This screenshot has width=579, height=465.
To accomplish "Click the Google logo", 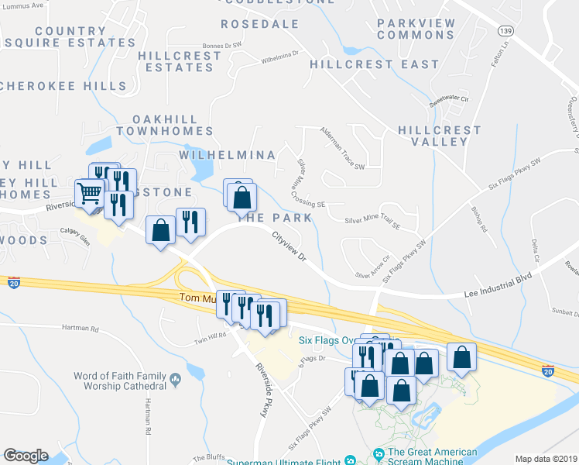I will point(26,456).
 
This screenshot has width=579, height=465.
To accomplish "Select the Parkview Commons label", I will point(416,29).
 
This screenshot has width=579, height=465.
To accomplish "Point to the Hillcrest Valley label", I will point(439,136).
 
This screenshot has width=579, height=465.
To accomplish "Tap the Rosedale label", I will point(260,24).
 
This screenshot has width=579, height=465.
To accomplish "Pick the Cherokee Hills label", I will point(63,85).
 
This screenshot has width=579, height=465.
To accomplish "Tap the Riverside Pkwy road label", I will point(260,391).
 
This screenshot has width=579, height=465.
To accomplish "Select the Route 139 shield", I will point(505,30).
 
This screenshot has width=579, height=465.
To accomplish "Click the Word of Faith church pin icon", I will point(176,381).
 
